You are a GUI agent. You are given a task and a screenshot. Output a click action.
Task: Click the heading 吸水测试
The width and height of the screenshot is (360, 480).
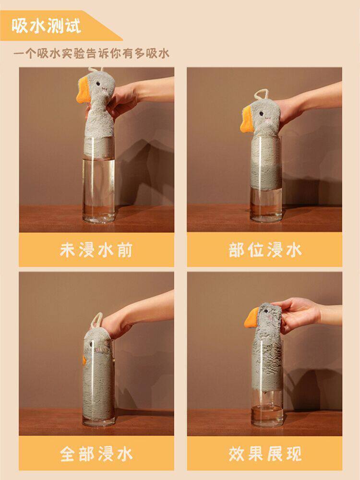pos(47,26)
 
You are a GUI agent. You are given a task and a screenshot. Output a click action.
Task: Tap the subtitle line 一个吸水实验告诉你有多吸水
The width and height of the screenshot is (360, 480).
pos(91,54)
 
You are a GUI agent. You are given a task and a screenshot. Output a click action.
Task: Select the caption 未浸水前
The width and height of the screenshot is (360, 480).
pos(96,250)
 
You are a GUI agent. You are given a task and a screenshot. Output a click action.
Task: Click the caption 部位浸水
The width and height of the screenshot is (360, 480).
pos(265,250)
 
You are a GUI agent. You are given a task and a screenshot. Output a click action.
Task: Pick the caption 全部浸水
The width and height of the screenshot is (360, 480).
pos(96,454)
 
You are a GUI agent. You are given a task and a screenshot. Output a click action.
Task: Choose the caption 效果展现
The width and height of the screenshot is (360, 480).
pos(265,454)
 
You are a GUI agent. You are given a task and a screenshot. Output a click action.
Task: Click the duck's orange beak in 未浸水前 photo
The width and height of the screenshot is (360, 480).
pos(83,90)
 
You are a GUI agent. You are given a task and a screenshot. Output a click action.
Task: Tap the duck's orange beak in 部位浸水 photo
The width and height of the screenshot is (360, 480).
pos(247,120)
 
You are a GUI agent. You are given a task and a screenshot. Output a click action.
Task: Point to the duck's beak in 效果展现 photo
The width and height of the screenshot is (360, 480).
pos(252,318)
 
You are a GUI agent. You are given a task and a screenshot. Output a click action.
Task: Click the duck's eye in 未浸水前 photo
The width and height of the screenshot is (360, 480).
pos(98,83)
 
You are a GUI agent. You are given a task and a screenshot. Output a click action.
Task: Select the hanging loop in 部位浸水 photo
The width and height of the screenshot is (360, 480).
pos(261,94)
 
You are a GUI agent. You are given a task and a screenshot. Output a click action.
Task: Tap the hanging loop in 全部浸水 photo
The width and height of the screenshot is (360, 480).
pos(96,320)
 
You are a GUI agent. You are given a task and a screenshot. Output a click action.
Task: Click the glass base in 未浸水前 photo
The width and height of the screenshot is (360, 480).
pos(98,218)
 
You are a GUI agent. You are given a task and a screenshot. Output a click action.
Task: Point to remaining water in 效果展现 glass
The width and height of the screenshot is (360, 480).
pos(267,415)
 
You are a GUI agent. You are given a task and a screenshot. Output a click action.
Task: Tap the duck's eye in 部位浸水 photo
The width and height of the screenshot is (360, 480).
pos(262,114)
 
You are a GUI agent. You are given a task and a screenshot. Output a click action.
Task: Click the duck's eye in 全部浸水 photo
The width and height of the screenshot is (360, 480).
pos(91,344)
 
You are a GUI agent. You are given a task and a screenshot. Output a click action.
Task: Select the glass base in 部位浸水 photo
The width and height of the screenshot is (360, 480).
pos(266,217)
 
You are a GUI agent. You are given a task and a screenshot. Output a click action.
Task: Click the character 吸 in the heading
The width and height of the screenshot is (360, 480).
pos(20,26)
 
